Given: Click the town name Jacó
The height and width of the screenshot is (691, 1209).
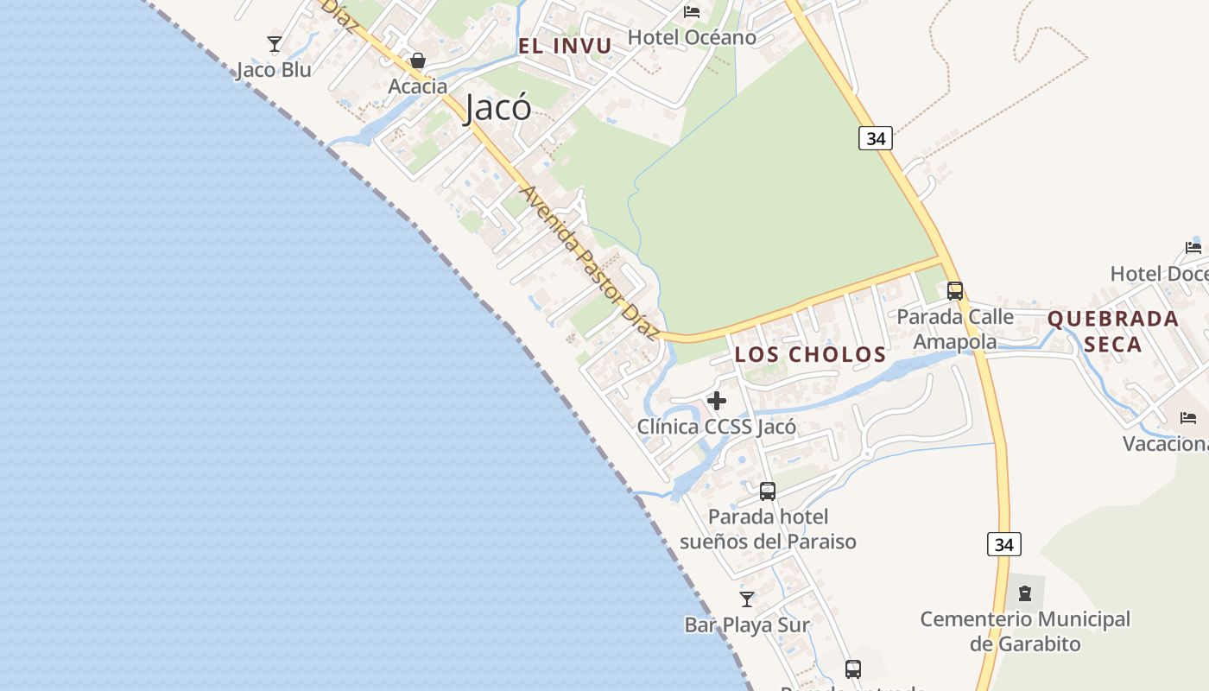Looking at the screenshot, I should pyautogui.click(x=498, y=109).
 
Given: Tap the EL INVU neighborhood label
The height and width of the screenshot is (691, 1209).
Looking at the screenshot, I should pyautogui.click(x=565, y=46).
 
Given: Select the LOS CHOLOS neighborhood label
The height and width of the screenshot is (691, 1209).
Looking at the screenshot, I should pyautogui.click(x=810, y=355).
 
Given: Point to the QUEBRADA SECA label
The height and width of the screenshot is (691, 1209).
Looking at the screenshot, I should pyautogui.click(x=1113, y=332).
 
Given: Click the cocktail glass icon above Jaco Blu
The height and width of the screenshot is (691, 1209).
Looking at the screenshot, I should pyautogui.click(x=275, y=44).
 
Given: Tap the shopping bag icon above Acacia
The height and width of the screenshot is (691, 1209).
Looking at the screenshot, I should pyautogui.click(x=418, y=60).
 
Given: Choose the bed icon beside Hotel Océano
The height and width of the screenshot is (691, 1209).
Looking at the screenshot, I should pyautogui.click(x=692, y=12).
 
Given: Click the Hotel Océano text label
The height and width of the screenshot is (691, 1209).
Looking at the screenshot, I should pyautogui.click(x=692, y=37).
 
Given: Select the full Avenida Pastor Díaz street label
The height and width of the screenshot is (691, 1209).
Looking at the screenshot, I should pyautogui.click(x=591, y=263).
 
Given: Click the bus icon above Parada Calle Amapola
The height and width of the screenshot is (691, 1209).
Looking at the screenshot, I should pyautogui.click(x=954, y=291).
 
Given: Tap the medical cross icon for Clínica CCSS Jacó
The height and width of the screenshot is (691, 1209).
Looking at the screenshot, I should pyautogui.click(x=717, y=401).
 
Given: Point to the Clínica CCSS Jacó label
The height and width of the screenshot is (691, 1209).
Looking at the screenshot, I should pyautogui.click(x=717, y=427).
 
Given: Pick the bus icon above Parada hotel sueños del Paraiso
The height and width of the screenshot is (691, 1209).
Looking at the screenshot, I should pyautogui.click(x=768, y=491).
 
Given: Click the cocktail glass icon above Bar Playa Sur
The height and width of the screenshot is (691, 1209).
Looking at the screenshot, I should pyautogui.click(x=747, y=599).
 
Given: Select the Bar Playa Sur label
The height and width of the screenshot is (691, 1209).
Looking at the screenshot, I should pyautogui.click(x=747, y=624).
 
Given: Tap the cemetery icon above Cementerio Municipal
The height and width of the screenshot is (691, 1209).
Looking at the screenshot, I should pyautogui.click(x=1025, y=593).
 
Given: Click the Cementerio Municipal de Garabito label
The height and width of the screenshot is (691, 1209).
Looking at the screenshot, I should pyautogui.click(x=1025, y=631).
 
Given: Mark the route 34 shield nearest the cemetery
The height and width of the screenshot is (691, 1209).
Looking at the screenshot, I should pyautogui.click(x=1003, y=544).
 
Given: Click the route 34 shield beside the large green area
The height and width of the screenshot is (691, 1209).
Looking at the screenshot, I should pyautogui.click(x=875, y=138).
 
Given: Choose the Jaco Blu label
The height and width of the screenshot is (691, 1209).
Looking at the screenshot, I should pyautogui.click(x=274, y=70).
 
